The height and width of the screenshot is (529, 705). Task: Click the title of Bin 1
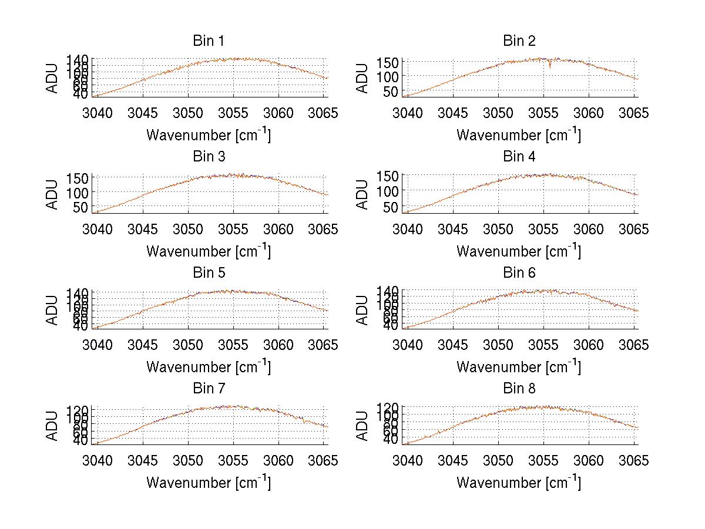[x=208, y=41]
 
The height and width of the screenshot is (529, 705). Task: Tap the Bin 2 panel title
[x=519, y=41]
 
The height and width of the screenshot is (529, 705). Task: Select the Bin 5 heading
[x=208, y=273]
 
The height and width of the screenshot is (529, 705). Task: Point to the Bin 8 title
[x=519, y=389]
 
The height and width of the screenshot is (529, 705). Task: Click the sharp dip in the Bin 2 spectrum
[x=550, y=68]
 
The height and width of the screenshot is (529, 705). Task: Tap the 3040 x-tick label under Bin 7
[x=98, y=460]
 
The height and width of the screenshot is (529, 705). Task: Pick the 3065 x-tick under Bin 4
[x=634, y=228]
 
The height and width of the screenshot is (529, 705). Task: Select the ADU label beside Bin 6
[x=363, y=310]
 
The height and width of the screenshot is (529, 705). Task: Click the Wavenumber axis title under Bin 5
[x=208, y=367]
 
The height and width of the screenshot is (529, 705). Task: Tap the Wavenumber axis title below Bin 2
[x=519, y=135]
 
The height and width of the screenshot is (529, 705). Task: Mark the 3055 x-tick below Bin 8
[x=544, y=460]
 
